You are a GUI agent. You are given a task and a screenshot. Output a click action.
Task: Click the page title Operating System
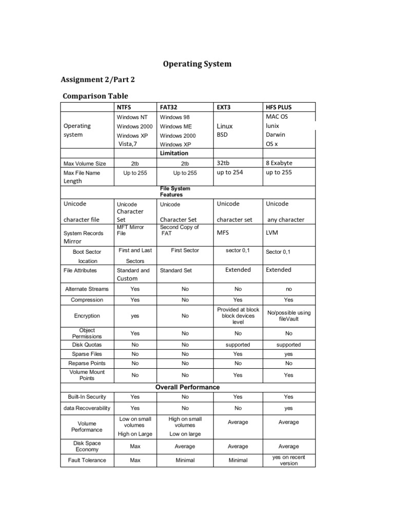point(197,64)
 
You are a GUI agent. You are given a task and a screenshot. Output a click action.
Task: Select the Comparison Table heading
point(95,96)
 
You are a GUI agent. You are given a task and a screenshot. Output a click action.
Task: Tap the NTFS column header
point(125,108)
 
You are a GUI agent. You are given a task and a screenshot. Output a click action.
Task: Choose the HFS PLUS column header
point(279,108)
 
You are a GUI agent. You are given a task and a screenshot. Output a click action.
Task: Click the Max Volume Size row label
point(85,164)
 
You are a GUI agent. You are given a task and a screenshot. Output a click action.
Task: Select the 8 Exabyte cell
point(279,163)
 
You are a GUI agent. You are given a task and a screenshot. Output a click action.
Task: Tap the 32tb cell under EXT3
point(223,163)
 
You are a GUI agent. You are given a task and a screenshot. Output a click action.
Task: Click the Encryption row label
point(87,316)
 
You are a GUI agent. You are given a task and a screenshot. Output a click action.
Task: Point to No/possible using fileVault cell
point(289,316)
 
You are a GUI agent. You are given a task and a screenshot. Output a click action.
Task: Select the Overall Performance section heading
point(188,387)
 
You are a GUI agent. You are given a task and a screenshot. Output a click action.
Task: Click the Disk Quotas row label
point(87,345)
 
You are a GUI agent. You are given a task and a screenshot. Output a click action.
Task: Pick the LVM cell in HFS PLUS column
point(272,233)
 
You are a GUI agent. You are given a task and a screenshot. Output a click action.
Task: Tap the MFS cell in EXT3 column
point(223,233)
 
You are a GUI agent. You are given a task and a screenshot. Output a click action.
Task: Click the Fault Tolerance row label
point(87,460)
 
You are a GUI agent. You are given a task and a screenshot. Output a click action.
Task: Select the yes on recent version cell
point(289,460)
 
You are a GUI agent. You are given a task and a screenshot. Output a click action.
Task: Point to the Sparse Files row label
point(87,354)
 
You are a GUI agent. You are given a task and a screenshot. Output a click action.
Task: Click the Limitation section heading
point(174,153)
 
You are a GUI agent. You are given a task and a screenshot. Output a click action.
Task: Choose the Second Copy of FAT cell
point(179,230)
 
